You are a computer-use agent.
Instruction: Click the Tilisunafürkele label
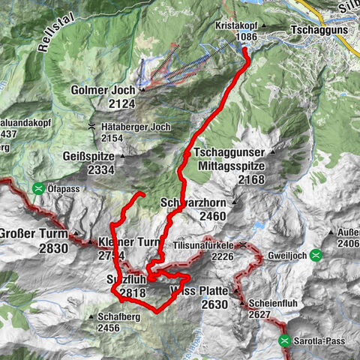coord(203,245)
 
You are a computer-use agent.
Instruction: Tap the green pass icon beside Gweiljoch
coord(317,255)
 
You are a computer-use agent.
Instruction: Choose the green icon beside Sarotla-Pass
coord(286,341)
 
